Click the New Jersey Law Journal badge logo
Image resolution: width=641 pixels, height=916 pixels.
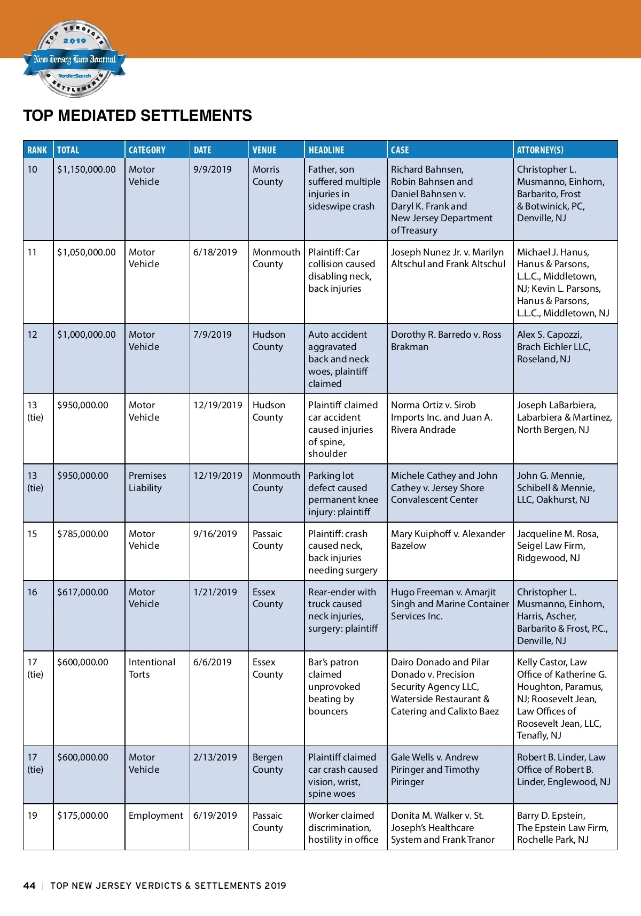tap(74, 59)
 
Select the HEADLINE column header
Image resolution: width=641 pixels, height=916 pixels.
tap(326, 150)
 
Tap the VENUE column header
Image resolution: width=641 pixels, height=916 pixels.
tap(264, 150)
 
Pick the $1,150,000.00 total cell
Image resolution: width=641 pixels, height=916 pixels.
tap(87, 169)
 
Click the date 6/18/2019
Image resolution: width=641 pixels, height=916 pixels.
tap(215, 252)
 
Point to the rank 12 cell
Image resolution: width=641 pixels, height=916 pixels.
tap(33, 335)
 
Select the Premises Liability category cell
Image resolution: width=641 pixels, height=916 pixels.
tap(147, 482)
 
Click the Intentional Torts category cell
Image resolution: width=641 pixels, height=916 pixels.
tap(152, 668)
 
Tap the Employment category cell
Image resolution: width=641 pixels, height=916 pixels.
tap(155, 816)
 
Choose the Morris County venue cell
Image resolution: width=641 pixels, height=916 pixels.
tap(267, 175)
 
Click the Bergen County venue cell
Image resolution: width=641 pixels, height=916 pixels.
tap(267, 763)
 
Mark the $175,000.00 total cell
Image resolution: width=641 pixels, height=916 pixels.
tap(83, 816)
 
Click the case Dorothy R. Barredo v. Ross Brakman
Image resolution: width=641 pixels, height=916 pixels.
tap(446, 340)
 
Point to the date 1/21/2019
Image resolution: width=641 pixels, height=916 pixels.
tap(215, 592)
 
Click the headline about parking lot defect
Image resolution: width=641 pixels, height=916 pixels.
tap(342, 493)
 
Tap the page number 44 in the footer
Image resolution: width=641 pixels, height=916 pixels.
tap(29, 886)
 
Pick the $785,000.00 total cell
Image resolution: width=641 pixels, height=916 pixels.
tap(83, 534)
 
